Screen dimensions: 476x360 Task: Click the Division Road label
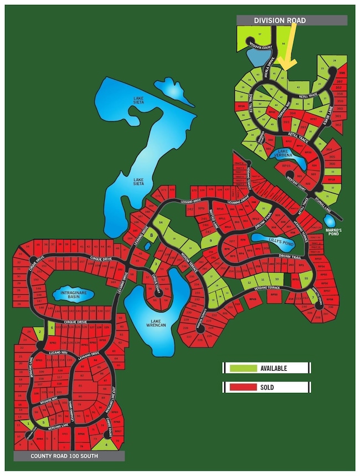click(x=280, y=21)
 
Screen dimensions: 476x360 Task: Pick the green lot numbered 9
click(x=211, y=240)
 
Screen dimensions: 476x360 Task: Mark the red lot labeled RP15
click(x=286, y=166)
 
